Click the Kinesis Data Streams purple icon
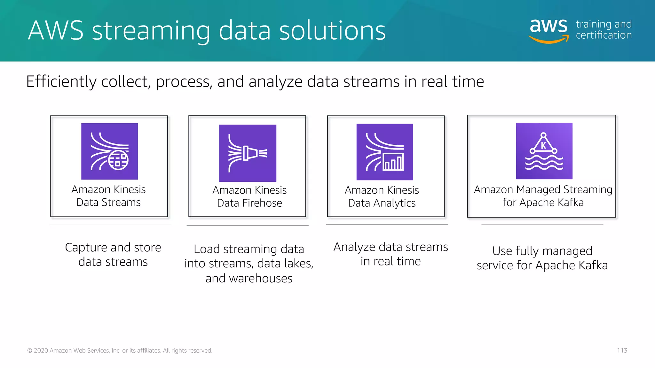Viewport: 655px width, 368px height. click(x=109, y=151)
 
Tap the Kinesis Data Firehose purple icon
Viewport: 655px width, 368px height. click(x=247, y=153)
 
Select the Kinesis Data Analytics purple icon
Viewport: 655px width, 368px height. click(x=385, y=152)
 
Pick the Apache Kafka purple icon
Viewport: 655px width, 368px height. click(x=544, y=151)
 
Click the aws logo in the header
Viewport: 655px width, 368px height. click(x=549, y=29)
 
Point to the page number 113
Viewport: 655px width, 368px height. click(x=622, y=350)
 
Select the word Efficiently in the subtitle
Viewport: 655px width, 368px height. click(x=61, y=82)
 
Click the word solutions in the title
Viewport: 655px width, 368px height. click(x=332, y=31)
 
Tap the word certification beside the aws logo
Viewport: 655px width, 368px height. click(x=604, y=35)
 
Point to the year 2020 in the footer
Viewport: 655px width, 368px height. click(x=41, y=350)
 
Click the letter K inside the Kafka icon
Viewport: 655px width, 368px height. click(x=543, y=146)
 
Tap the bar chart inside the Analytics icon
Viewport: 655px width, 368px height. click(x=393, y=163)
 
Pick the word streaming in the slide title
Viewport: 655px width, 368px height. click(x=151, y=31)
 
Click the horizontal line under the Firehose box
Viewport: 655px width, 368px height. click(x=247, y=226)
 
